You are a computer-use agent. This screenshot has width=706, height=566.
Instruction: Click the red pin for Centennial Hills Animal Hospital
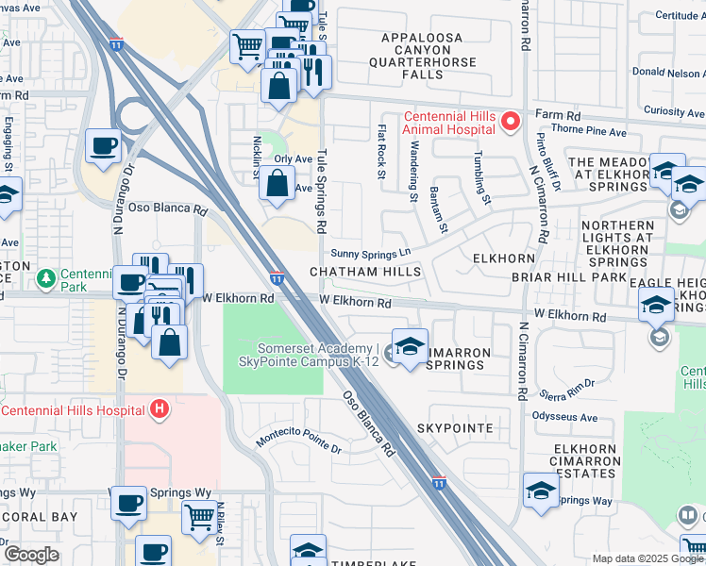pyautogui.click(x=511, y=122)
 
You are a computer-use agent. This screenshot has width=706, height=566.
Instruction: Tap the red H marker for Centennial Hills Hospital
pyautogui.click(x=160, y=409)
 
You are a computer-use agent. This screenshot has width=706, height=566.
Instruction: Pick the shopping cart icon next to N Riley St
pyautogui.click(x=199, y=516)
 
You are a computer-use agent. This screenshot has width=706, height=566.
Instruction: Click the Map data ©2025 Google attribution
pyautogui.click(x=647, y=558)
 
